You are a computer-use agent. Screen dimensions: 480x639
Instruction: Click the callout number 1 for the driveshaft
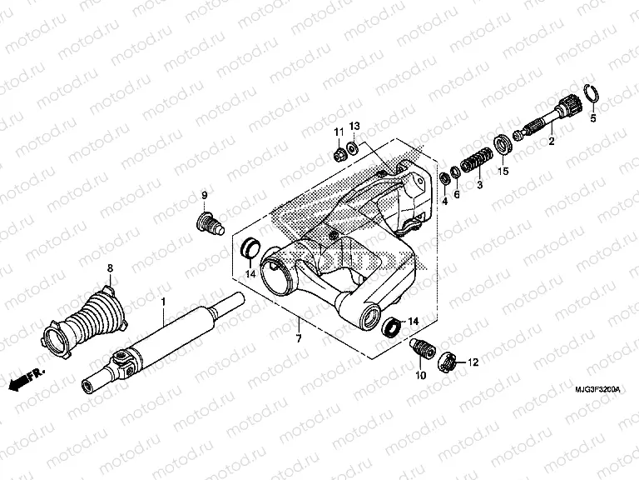pos(164,300)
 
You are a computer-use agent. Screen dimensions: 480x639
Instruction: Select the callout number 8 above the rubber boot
pos(108,268)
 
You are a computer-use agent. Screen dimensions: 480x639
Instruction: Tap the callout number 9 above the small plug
pos(202,197)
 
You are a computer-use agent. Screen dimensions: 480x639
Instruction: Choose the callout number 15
pos(503,172)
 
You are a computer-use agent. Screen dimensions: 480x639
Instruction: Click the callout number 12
pos(473,362)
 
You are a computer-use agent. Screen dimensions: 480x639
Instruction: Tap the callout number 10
pos(421,376)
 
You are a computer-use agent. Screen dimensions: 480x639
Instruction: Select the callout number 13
pos(354,126)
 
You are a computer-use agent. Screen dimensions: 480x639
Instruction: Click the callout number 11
pos(339,133)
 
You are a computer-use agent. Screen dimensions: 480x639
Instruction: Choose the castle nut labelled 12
pos(448,361)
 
